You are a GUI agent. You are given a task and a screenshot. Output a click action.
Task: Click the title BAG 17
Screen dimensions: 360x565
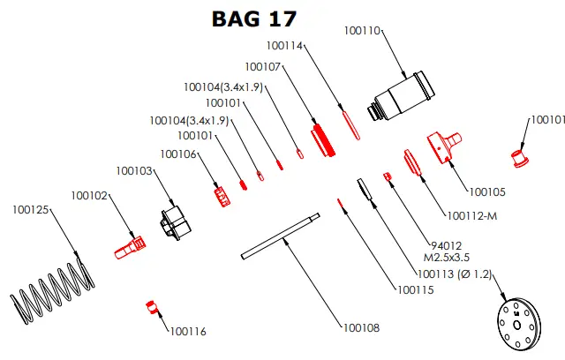254,18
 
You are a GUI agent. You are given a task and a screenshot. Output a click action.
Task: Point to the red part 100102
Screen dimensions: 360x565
128,245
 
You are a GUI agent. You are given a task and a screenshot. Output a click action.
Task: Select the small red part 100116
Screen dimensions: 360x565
151,307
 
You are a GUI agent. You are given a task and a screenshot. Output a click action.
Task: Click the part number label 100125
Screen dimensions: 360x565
33,210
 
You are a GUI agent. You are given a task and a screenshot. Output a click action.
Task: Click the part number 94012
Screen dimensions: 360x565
448,245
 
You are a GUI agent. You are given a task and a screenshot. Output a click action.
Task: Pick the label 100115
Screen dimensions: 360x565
415,289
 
